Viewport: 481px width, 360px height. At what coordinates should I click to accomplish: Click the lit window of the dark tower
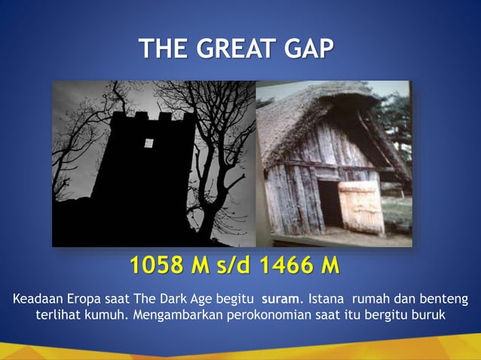pos(149,143)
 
